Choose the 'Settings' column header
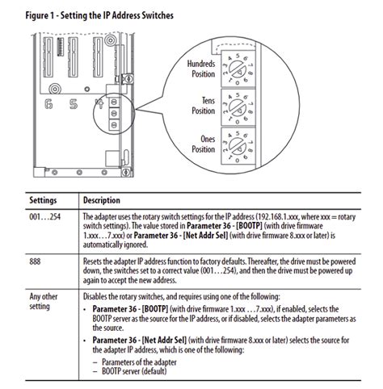click(45, 199)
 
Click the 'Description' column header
click(103, 199)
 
